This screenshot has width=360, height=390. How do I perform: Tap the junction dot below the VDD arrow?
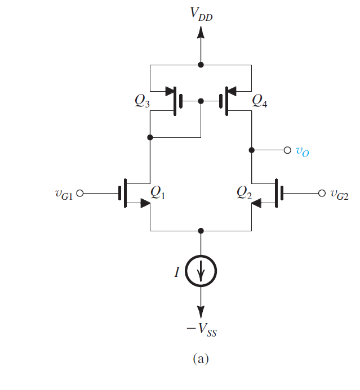coord(201,65)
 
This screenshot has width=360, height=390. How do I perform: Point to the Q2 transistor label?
coord(246,192)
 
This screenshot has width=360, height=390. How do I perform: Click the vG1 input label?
coord(61,194)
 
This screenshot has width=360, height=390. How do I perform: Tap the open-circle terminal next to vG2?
coord(322,193)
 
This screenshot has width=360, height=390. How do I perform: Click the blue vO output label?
coord(303,151)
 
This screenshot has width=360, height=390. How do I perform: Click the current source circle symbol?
coord(201,272)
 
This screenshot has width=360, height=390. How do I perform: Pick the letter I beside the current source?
coord(177,272)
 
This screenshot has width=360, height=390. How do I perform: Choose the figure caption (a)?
coord(201,358)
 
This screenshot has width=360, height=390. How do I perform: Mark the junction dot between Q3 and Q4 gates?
coord(201,101)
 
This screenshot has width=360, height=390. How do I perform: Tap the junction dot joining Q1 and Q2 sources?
coord(201,231)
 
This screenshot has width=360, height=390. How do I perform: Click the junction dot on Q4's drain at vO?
coord(251,150)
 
